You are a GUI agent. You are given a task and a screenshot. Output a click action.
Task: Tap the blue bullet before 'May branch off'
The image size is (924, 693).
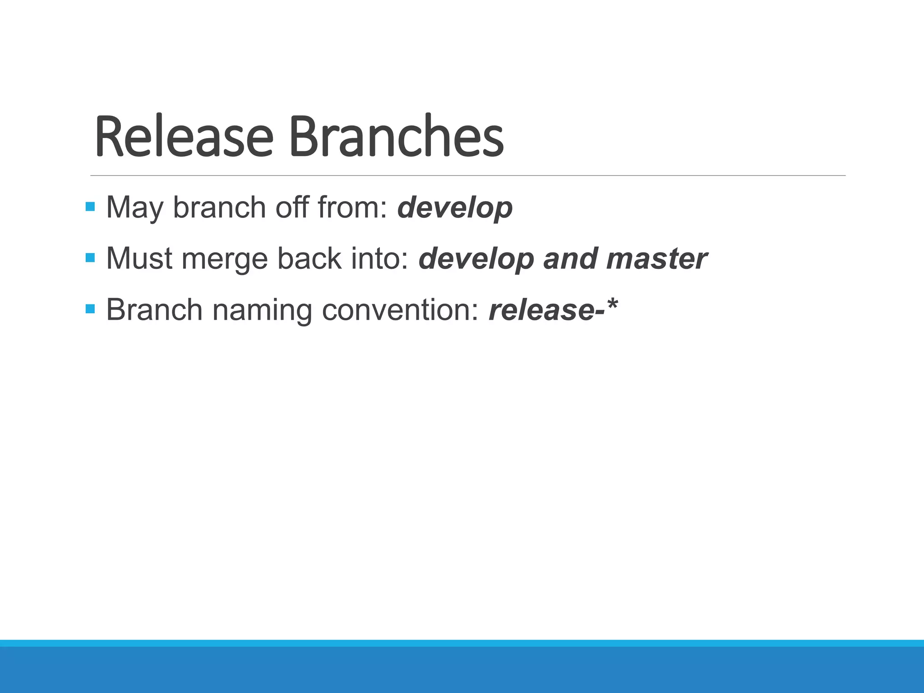(x=90, y=207)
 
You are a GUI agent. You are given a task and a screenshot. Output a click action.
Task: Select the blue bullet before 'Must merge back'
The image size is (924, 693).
(x=90, y=258)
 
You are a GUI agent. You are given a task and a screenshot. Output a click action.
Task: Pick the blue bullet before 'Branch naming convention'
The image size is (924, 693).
(x=90, y=309)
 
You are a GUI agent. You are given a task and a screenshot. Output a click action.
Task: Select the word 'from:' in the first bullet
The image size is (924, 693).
(x=352, y=208)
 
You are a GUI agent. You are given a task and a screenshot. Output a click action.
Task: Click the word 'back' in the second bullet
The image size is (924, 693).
(x=309, y=259)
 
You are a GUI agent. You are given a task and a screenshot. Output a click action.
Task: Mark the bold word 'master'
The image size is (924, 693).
(x=657, y=259)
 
